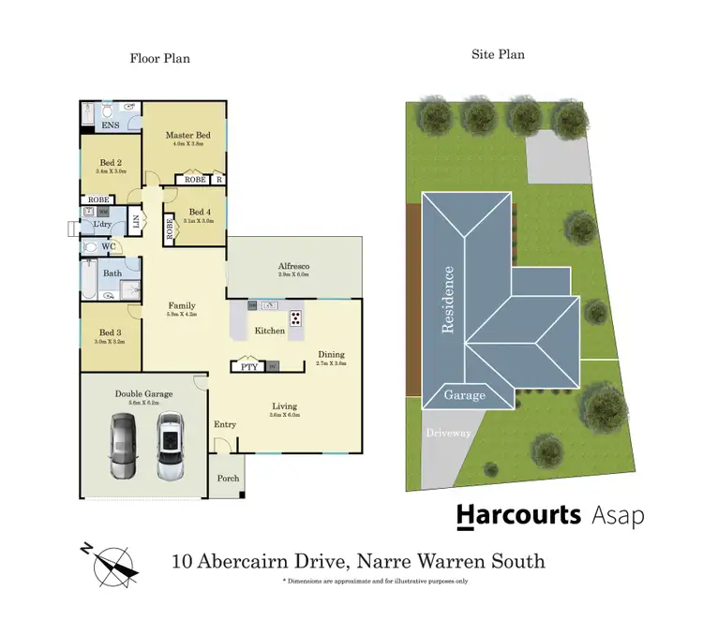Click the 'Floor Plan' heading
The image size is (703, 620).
point(159,58)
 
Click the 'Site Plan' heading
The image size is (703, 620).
point(497,54)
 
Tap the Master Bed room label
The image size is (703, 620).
point(188,136)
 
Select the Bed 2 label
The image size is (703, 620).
point(111,163)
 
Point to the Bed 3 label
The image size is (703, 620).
point(110,332)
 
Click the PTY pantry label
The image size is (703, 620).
point(249,367)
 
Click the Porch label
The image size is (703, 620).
point(228,479)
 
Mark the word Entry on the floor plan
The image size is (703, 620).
point(225,424)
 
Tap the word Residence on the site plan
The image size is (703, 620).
point(449,300)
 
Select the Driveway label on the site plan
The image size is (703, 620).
point(448,433)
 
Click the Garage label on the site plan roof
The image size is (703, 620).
point(465,395)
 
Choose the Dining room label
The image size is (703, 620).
point(331,355)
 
